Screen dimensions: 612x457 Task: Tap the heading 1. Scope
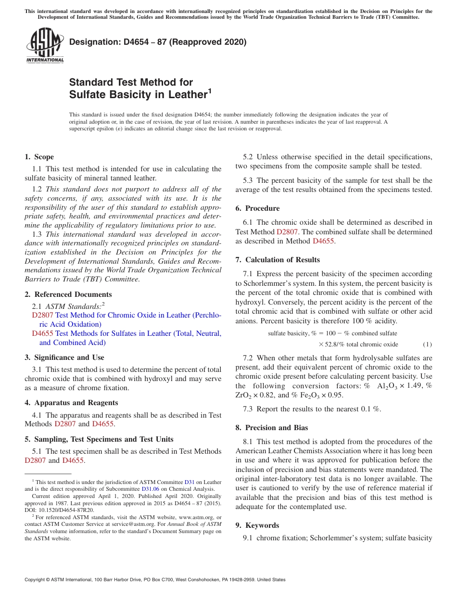39,157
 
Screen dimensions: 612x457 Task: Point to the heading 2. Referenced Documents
68,294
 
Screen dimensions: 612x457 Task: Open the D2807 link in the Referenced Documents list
42,315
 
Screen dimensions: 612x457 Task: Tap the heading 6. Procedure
257,208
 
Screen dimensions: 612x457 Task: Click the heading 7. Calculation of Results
278,260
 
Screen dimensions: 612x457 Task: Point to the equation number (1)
427,344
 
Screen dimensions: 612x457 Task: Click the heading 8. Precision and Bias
272,428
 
